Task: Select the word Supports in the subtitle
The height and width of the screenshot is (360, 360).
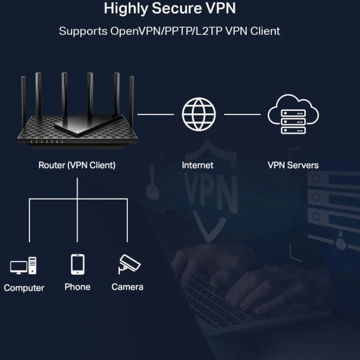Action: point(83,31)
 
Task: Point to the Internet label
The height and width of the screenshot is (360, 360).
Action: point(197,164)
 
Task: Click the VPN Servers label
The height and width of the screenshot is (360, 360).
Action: point(293,164)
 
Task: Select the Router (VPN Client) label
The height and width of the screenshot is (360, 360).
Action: point(77,164)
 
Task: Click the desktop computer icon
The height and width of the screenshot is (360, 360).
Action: point(23,266)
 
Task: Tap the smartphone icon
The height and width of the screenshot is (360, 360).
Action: point(77,264)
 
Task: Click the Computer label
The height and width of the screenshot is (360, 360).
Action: point(24,288)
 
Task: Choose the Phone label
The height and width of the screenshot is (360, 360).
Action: point(77,287)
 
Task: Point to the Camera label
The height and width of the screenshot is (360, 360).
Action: point(127,287)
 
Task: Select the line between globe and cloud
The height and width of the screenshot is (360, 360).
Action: point(242,113)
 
